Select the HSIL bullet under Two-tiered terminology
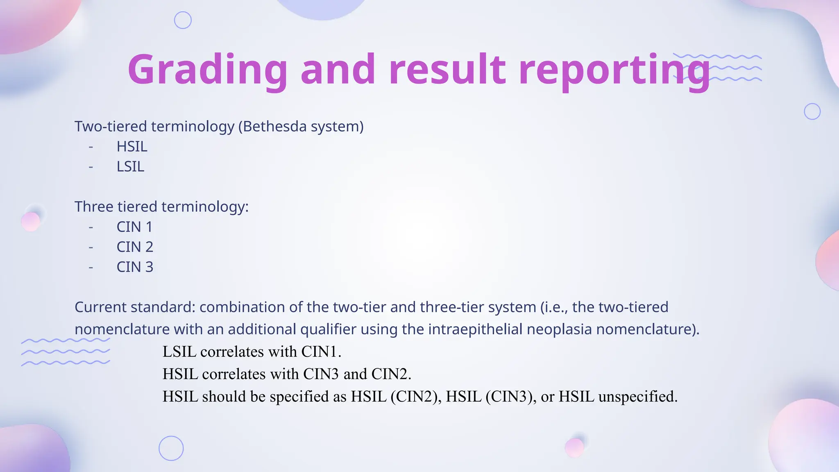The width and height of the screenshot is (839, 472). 132,147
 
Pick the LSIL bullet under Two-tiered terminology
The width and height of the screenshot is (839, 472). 130,167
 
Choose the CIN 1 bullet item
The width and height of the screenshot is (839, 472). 134,227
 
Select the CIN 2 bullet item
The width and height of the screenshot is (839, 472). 135,247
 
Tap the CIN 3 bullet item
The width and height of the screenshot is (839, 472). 135,267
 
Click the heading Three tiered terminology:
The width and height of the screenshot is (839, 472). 161,206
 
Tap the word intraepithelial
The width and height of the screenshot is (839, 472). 475,329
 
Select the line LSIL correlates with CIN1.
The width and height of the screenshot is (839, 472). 252,352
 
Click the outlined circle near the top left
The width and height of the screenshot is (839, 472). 183,20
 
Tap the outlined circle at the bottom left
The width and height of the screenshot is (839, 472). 171,448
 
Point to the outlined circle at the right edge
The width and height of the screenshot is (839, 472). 812,111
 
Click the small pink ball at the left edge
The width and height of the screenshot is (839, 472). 31,222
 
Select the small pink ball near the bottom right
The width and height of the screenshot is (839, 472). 574,447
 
